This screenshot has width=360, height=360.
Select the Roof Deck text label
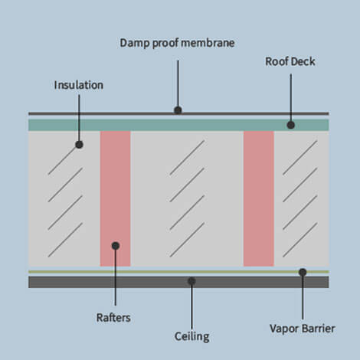coord(290,61)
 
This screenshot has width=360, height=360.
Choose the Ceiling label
coord(191,335)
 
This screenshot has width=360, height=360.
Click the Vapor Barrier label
coord(301,329)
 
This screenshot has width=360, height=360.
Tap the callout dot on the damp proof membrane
coord(178,110)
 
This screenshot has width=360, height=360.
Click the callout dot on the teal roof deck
coord(291,124)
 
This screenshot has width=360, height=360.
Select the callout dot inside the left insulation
coord(79,143)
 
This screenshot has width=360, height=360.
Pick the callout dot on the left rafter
coord(115,246)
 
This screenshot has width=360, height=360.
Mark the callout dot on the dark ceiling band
coord(191,281)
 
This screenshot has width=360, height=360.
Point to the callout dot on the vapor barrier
coord(303,271)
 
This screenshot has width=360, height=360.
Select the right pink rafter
coord(258,198)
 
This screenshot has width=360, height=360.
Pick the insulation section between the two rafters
coord(186,198)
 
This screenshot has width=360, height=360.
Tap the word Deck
coord(304,61)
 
